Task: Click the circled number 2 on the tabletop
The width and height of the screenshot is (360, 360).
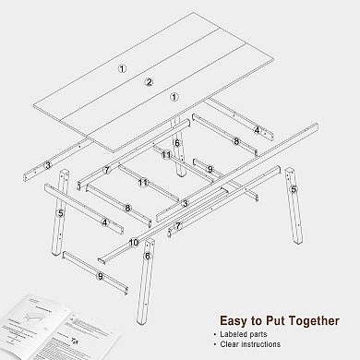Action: tap(148, 82)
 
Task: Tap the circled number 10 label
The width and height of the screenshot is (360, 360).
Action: tap(134, 243)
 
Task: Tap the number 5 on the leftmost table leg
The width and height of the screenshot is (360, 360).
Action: tap(60, 213)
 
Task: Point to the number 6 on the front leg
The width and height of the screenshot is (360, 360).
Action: tap(147, 255)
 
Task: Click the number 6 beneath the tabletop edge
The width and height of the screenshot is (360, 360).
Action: tap(176, 142)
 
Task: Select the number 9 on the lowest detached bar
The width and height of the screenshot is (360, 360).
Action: tap(99, 276)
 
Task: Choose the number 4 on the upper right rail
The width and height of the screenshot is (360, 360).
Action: tap(258, 129)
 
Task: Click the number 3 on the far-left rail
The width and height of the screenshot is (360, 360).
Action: tap(46, 165)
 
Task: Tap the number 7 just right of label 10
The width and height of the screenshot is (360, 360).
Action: tap(178, 225)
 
